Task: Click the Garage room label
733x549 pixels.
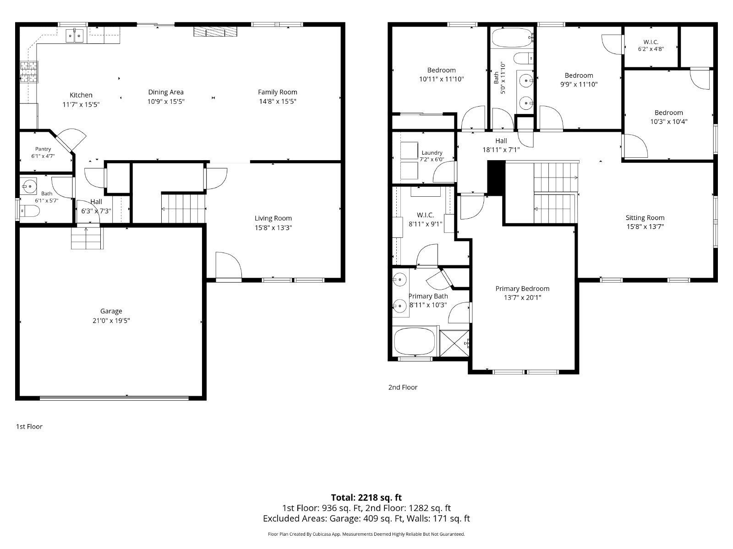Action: pos(111,311)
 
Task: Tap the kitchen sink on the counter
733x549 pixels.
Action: pos(75,36)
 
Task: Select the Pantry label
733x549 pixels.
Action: pos(43,149)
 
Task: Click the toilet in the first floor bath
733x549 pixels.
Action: pos(30,211)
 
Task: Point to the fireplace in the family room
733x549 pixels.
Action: pos(215,32)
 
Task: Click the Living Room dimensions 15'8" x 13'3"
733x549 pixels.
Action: pos(273,228)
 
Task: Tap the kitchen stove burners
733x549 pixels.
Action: pos(28,72)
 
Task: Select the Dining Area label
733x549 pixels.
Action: pos(166,92)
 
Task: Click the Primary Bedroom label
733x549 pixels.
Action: pos(522,289)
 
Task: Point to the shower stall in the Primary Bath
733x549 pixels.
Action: pos(454,343)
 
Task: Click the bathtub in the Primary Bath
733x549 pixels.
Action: pos(415,342)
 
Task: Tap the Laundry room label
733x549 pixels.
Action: pos(432,153)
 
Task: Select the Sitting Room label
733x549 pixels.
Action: pos(645,218)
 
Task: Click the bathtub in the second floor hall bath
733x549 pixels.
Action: pos(512,38)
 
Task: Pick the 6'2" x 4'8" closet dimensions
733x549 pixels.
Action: pos(651,48)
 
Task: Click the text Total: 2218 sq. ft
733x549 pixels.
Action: pos(366,498)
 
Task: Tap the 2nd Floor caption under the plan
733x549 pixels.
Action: pos(403,388)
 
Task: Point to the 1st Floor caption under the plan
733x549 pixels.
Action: pos(29,427)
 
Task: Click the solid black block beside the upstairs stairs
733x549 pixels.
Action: pos(496,178)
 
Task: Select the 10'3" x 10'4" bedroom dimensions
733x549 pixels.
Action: pos(668,122)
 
